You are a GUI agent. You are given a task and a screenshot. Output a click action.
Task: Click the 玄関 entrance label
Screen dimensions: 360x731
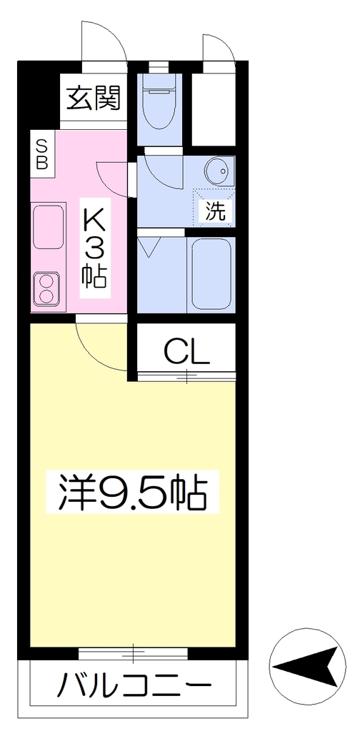94,99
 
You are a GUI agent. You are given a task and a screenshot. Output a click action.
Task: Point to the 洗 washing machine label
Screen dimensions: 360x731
216,211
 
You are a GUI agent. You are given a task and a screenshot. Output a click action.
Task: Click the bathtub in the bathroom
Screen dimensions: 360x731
211,274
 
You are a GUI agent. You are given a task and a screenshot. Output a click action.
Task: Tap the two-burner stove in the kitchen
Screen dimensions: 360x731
47,289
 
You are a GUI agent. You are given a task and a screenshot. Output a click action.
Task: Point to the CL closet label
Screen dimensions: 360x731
186,352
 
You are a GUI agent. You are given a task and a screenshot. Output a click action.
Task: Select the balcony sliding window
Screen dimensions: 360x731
134,652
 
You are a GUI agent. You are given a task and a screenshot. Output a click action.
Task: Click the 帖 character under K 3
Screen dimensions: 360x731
95,278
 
